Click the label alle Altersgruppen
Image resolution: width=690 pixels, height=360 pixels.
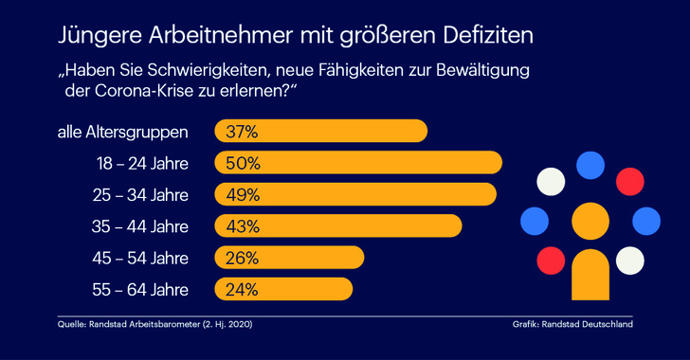[x=123, y=132]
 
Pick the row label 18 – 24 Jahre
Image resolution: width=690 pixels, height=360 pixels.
[x=142, y=163]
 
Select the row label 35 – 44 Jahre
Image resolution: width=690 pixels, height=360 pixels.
[x=142, y=226]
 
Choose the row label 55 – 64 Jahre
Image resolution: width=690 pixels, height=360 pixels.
[x=142, y=289]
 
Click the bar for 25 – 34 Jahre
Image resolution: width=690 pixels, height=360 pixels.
[x=379, y=194]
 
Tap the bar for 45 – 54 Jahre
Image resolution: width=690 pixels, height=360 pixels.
[x=313, y=258]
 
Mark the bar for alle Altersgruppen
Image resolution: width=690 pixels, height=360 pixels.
[x=341, y=132]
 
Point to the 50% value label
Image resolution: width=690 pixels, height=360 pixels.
[x=242, y=163]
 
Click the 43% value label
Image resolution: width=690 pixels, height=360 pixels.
[x=242, y=226]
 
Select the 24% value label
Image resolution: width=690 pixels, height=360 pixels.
[x=242, y=289]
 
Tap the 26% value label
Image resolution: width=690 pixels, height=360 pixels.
[x=242, y=258]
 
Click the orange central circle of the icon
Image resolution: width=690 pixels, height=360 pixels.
[x=590, y=221]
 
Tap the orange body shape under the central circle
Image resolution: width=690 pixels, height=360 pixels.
[x=590, y=275]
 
